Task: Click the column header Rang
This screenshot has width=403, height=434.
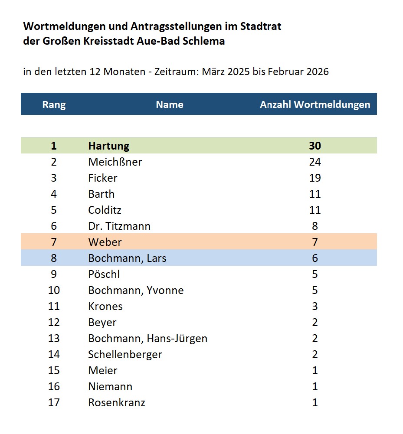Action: click(x=54, y=104)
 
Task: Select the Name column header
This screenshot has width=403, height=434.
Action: click(x=170, y=104)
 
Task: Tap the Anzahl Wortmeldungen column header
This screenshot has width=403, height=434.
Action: click(x=315, y=104)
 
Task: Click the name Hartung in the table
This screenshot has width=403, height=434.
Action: click(x=109, y=146)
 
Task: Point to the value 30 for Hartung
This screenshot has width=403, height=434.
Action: click(x=315, y=146)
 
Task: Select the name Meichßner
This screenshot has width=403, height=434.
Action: click(x=115, y=162)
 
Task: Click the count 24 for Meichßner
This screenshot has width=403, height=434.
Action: click(x=315, y=162)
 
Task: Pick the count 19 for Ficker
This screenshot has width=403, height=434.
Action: click(x=315, y=178)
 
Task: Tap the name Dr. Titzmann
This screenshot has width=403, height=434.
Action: click(x=119, y=226)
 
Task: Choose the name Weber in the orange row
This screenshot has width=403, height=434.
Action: click(x=105, y=242)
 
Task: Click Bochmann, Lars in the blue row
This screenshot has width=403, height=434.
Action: click(x=127, y=258)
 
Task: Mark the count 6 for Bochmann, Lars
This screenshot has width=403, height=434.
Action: click(x=315, y=258)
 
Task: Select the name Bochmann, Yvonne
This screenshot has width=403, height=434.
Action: click(x=136, y=290)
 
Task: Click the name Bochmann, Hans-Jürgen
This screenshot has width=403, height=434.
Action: click(x=147, y=338)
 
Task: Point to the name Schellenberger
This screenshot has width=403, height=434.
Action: click(x=125, y=354)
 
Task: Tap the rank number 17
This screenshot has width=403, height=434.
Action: click(x=54, y=402)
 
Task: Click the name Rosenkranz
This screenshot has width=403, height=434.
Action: click(x=117, y=402)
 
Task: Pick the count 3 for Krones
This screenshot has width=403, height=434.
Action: click(x=315, y=306)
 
